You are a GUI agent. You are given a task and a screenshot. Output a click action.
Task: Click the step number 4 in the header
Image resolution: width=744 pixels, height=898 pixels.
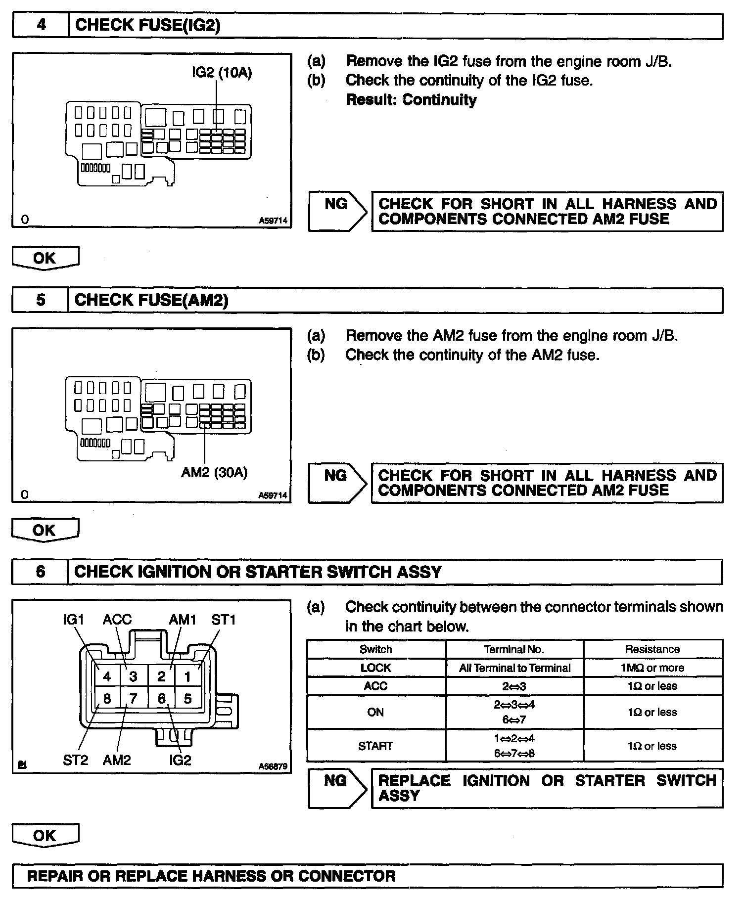click(x=41, y=25)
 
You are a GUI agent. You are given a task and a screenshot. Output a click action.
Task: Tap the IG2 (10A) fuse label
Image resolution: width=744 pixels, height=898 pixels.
click(x=222, y=73)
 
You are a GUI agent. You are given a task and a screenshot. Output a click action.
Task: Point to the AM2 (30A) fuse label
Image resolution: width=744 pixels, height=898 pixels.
click(x=214, y=472)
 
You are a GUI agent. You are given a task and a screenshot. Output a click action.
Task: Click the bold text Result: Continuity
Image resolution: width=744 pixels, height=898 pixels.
click(x=411, y=99)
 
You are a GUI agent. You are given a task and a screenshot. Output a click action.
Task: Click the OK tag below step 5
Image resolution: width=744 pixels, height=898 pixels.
click(x=45, y=530)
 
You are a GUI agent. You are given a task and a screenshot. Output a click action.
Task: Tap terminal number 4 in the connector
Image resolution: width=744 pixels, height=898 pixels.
click(x=107, y=676)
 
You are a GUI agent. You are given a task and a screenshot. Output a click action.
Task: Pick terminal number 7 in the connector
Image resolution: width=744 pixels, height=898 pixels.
click(x=133, y=699)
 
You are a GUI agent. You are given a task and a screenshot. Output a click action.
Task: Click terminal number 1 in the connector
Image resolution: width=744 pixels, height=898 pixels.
click(x=187, y=676)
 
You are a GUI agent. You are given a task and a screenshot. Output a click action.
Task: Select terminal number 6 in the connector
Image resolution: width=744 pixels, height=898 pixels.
click(x=161, y=699)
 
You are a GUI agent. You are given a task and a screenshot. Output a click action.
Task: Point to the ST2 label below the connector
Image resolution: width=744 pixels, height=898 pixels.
click(x=75, y=760)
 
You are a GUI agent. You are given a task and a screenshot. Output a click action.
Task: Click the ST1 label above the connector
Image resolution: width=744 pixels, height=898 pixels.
click(x=224, y=620)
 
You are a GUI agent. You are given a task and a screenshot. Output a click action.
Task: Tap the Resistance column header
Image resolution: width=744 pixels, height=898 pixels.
click(x=652, y=649)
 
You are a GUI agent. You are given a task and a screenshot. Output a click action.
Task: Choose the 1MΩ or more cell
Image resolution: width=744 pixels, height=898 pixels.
click(x=652, y=668)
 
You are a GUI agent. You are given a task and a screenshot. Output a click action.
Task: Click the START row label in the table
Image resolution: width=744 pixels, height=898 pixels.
click(x=375, y=746)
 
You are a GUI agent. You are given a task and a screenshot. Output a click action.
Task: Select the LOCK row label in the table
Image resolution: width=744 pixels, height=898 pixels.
click(x=375, y=668)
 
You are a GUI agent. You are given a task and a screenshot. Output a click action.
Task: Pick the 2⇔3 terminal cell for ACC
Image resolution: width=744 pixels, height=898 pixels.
click(x=514, y=686)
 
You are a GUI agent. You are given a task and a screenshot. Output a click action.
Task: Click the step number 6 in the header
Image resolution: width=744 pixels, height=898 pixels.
click(x=41, y=572)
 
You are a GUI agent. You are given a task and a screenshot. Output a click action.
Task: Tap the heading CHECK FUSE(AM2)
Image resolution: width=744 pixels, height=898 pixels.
click(x=151, y=300)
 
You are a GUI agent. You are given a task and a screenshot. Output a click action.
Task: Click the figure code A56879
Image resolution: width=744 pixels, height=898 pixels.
click(x=273, y=766)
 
